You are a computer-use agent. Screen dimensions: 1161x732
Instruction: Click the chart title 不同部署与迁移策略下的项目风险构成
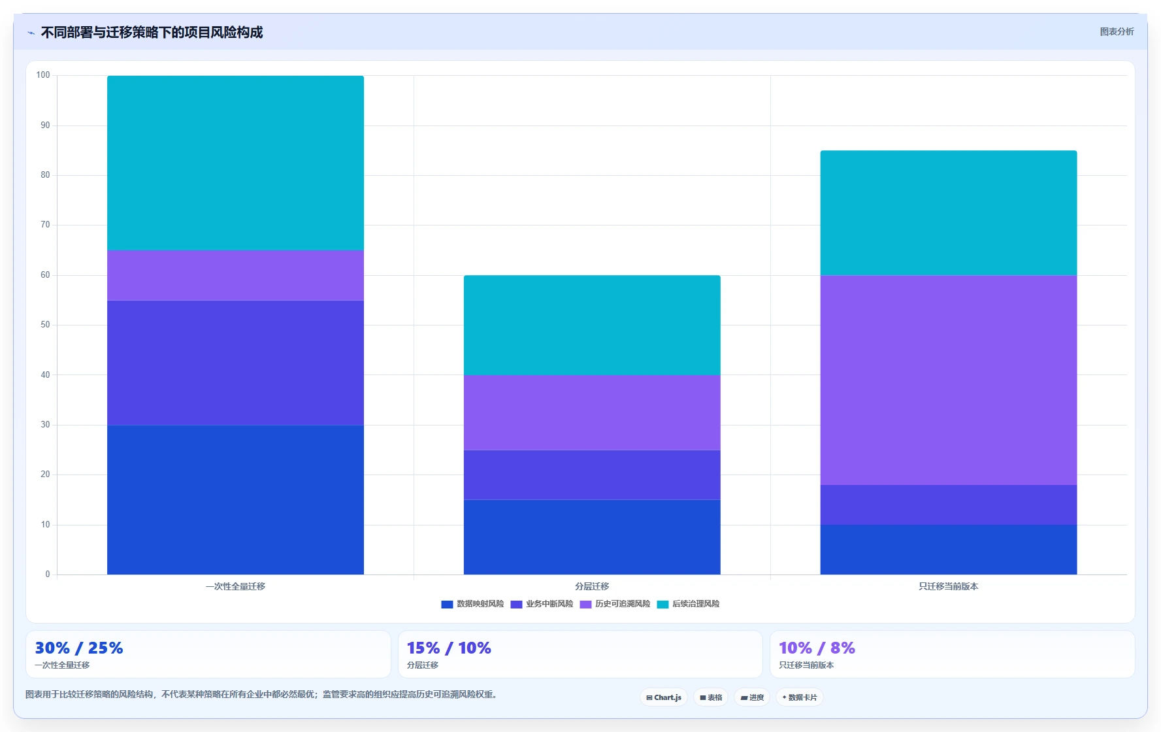pyautogui.click(x=152, y=32)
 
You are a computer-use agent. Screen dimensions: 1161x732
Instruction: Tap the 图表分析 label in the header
pyautogui.click(x=1117, y=31)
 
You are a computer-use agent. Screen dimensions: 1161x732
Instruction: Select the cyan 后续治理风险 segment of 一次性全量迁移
pyautogui.click(x=235, y=163)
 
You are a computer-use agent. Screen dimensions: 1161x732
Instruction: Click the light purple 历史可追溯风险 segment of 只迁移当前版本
pyautogui.click(x=948, y=380)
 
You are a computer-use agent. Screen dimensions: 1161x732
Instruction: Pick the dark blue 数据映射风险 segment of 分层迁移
pyautogui.click(x=592, y=537)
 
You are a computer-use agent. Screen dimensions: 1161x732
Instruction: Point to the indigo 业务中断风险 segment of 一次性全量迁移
pyautogui.click(x=235, y=363)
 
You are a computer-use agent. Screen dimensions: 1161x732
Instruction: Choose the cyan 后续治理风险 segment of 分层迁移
pyautogui.click(x=592, y=325)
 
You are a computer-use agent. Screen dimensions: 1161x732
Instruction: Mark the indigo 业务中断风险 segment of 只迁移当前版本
pyautogui.click(x=948, y=505)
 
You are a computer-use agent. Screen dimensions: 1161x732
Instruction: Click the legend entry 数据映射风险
pyautogui.click(x=472, y=604)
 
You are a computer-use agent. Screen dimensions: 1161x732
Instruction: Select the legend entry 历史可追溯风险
pyautogui.click(x=615, y=604)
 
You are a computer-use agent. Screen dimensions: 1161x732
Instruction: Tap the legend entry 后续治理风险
pyautogui.click(x=688, y=604)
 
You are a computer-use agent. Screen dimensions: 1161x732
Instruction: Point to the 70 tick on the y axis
pyautogui.click(x=45, y=225)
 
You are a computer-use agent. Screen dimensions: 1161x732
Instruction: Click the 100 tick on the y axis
pyautogui.click(x=43, y=75)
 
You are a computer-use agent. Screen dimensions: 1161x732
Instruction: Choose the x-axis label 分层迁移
pyautogui.click(x=592, y=586)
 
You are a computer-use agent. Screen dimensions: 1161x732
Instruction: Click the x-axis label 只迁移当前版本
pyautogui.click(x=948, y=586)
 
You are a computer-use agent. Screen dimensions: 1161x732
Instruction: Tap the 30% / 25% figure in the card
pyautogui.click(x=78, y=648)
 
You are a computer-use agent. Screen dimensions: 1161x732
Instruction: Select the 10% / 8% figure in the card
pyautogui.click(x=817, y=648)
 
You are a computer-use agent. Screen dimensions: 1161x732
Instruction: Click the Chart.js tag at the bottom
pyautogui.click(x=664, y=697)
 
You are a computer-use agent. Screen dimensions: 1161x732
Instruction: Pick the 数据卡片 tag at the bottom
pyautogui.click(x=800, y=697)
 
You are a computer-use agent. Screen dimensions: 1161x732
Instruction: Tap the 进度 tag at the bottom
pyautogui.click(x=752, y=697)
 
